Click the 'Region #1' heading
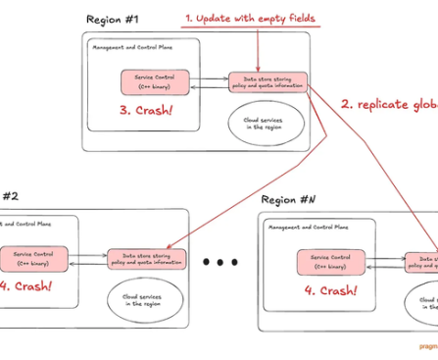[x=113, y=21]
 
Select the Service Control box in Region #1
[x=153, y=82]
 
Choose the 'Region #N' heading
[x=289, y=199]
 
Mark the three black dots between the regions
[x=221, y=263]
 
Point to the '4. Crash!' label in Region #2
[x=26, y=287]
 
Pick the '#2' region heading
[x=12, y=194]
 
